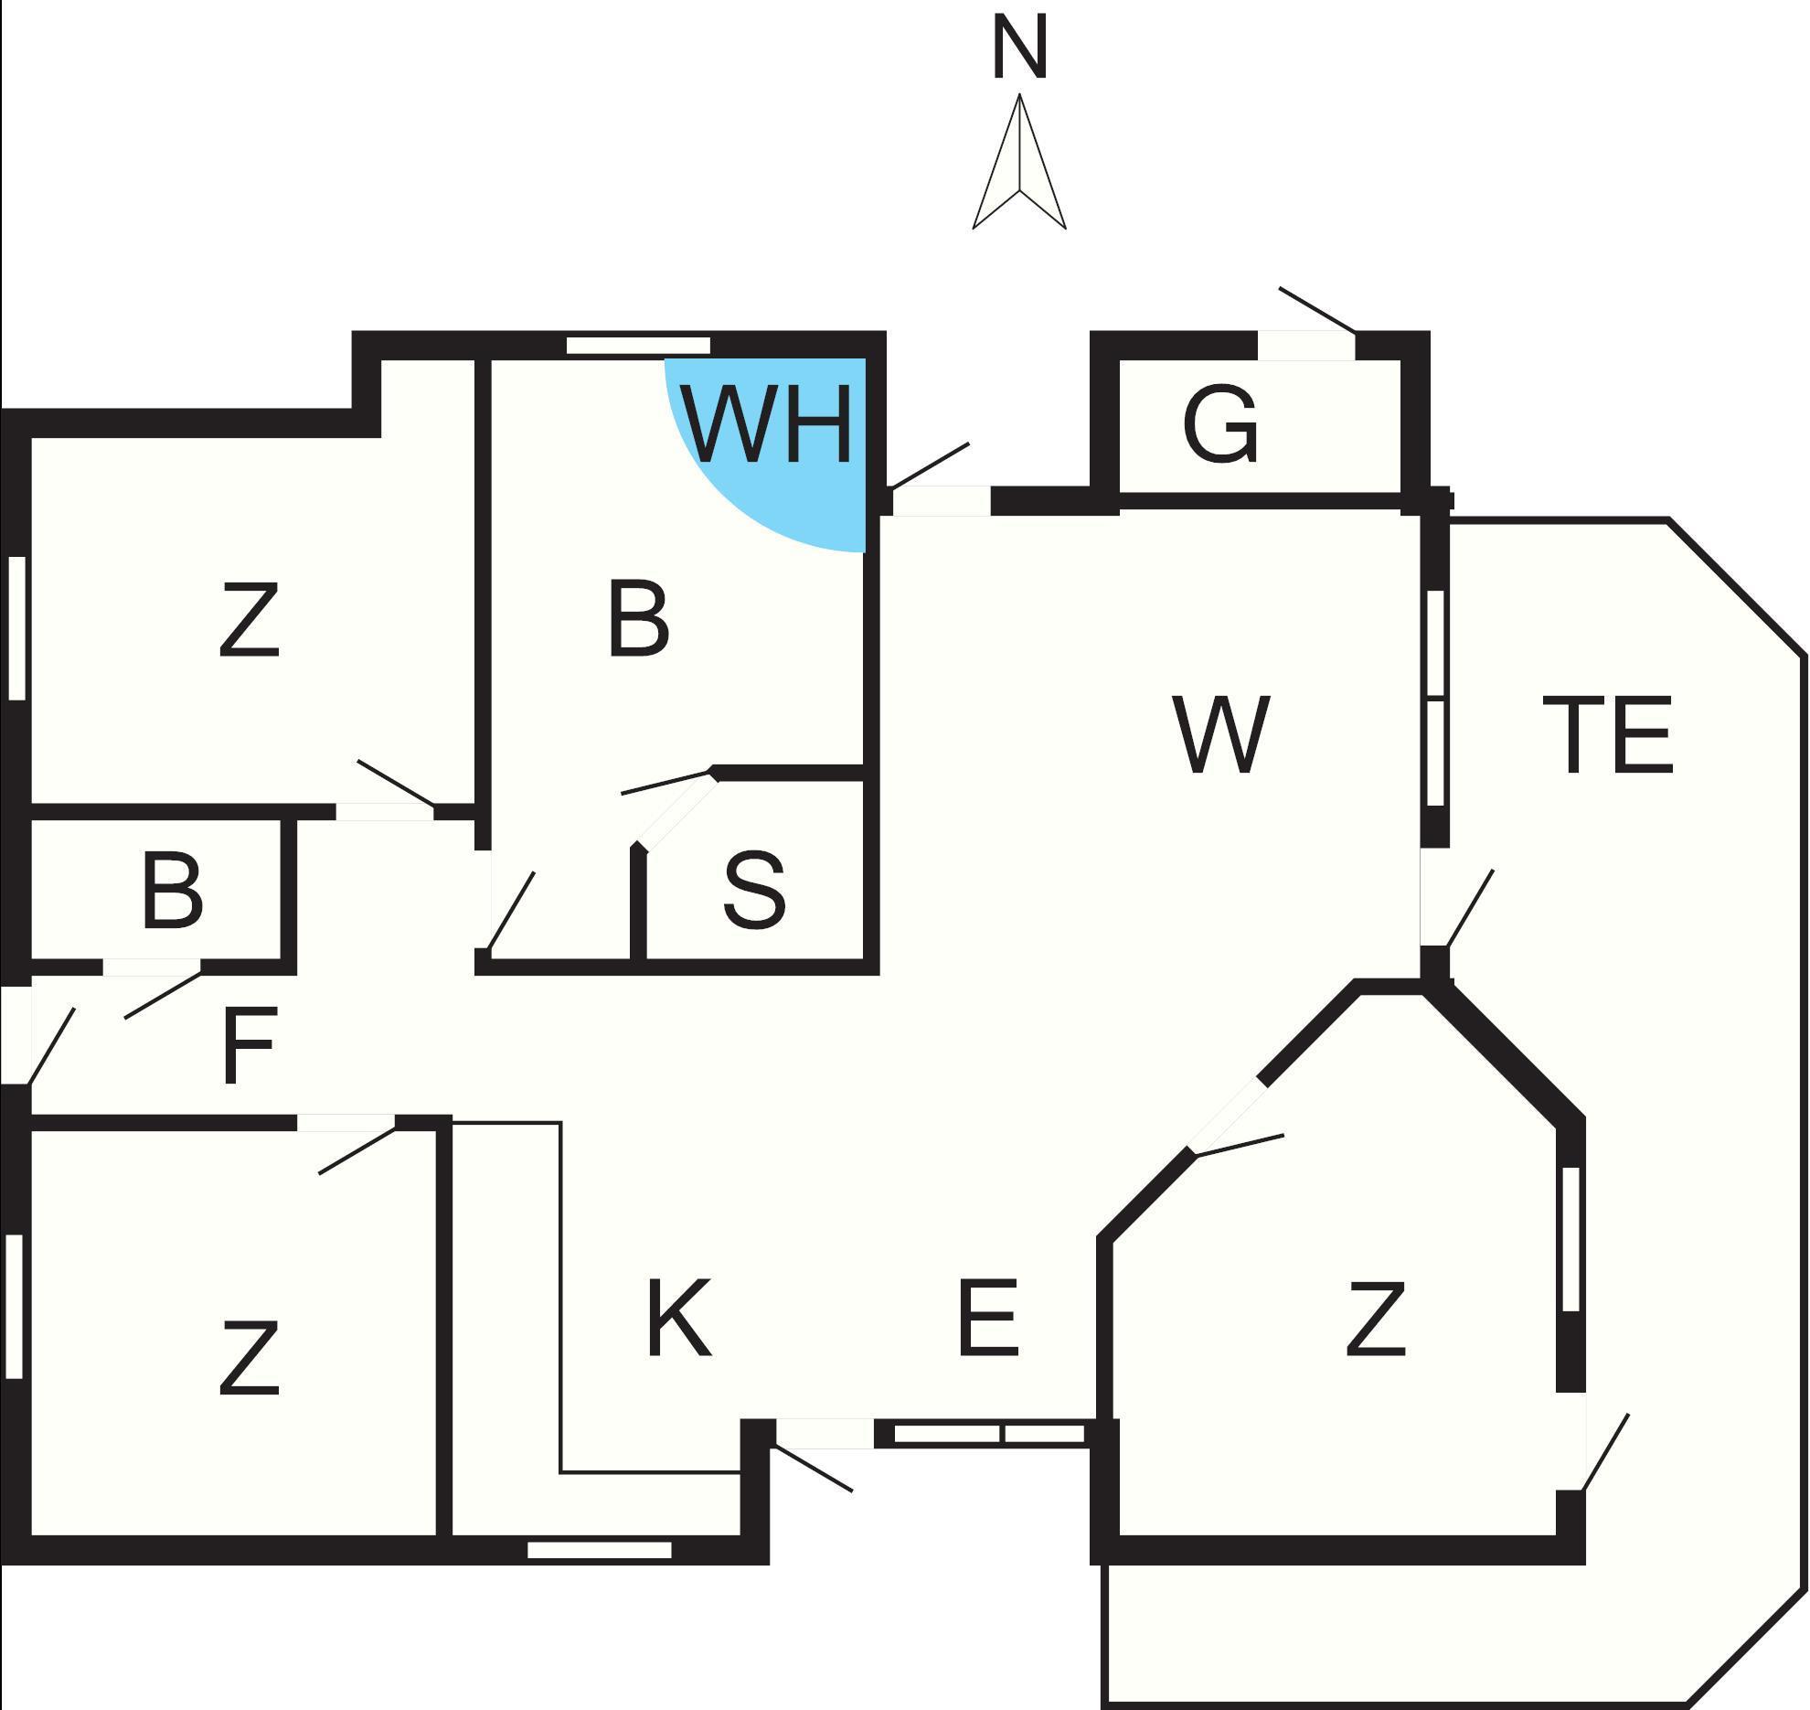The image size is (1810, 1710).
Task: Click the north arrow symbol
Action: tap(1019, 169)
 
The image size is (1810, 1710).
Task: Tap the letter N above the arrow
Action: tap(1019, 50)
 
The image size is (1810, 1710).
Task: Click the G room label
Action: tap(1221, 425)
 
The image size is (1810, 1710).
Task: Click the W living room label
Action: tap(1221, 734)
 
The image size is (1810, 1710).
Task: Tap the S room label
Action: tap(754, 890)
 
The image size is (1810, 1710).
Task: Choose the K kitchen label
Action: tap(678, 1318)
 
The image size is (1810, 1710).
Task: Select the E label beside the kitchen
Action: tap(988, 1318)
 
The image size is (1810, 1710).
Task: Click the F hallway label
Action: tap(250, 1045)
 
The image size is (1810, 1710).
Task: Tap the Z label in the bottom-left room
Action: tap(250, 1359)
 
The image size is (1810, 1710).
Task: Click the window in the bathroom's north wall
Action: tap(638, 346)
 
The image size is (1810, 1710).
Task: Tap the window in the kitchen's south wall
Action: tap(600, 1550)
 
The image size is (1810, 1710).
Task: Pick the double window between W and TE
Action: tap(1435, 699)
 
